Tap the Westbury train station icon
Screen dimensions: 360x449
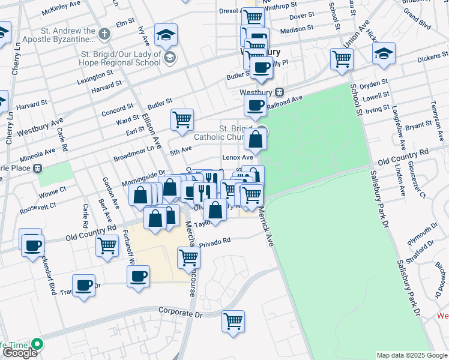(279, 92)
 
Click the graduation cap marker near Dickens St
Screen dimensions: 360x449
(384, 53)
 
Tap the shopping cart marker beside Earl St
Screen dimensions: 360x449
(181, 118)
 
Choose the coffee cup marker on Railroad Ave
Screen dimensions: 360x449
(255, 106)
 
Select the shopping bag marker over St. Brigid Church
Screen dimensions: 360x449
(255, 140)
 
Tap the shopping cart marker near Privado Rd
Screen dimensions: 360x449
(188, 257)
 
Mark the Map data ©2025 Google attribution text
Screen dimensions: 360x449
(411, 355)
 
